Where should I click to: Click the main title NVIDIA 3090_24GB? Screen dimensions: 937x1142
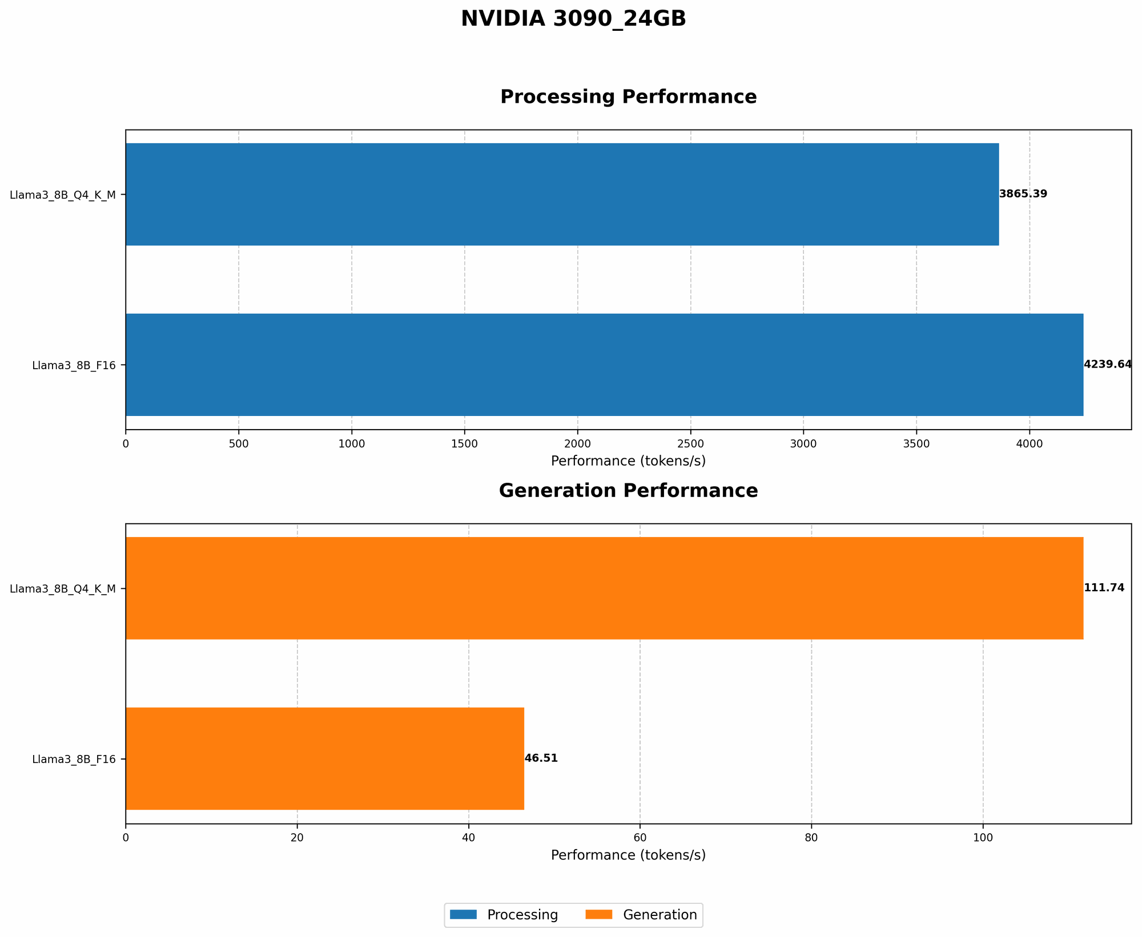coord(573,19)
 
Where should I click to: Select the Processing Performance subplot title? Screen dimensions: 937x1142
coord(628,97)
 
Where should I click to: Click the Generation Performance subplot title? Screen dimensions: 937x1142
coord(628,491)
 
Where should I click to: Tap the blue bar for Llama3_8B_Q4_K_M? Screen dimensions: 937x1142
coord(562,194)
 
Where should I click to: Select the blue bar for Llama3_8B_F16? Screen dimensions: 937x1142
coord(604,365)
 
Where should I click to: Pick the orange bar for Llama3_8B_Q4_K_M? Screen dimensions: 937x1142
coord(604,588)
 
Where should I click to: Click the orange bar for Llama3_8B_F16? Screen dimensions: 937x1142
coord(324,758)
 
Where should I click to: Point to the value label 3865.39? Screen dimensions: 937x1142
coord(1023,194)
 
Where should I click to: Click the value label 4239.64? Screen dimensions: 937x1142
coord(1107,365)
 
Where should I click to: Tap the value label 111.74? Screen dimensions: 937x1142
coord(1104,588)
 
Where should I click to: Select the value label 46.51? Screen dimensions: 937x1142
coord(541,758)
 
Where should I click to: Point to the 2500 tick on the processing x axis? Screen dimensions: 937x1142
coord(690,443)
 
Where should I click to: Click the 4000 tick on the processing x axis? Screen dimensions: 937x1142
coord(1030,443)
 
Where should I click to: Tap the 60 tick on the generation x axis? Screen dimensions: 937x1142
coord(640,838)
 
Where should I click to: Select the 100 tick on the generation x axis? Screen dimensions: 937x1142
coord(983,838)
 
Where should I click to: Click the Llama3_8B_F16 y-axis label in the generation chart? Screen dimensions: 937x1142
coord(74,759)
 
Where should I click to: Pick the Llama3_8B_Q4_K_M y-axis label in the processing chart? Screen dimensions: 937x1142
coord(63,195)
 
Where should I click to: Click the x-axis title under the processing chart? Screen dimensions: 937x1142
coord(628,461)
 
